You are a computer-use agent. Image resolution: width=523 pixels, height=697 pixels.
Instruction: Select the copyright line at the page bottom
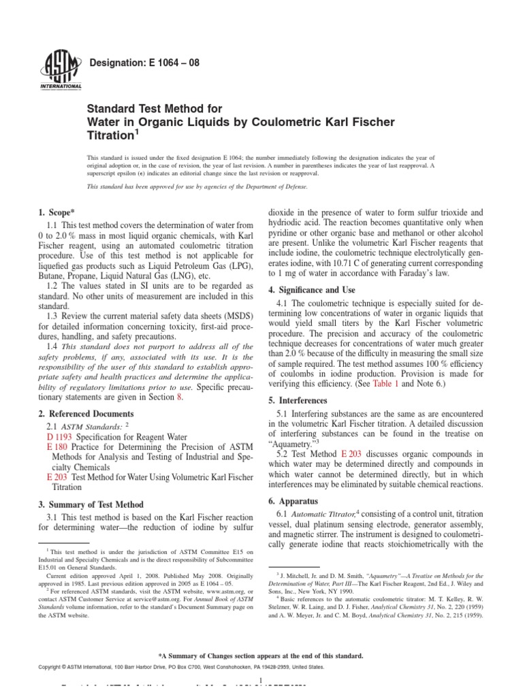point(177,668)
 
